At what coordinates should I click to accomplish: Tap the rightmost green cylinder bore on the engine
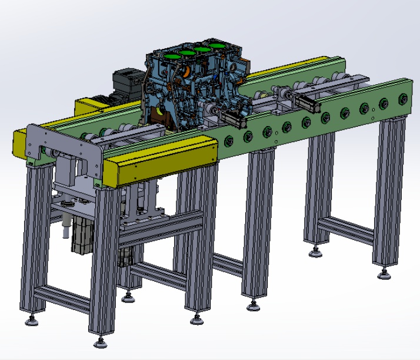[218, 45]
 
